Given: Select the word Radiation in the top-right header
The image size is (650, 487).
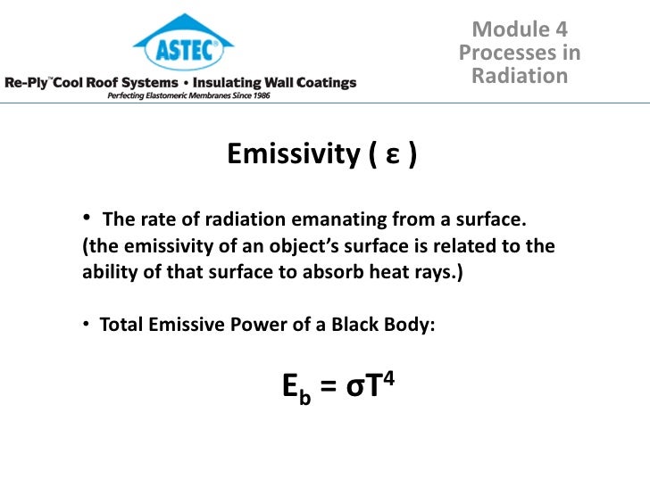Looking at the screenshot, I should click(x=520, y=76).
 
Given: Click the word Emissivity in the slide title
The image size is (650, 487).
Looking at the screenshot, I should click(x=292, y=155).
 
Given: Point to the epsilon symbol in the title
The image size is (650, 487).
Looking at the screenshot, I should click(x=392, y=157).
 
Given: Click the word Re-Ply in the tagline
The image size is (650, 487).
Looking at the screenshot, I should click(x=29, y=83).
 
